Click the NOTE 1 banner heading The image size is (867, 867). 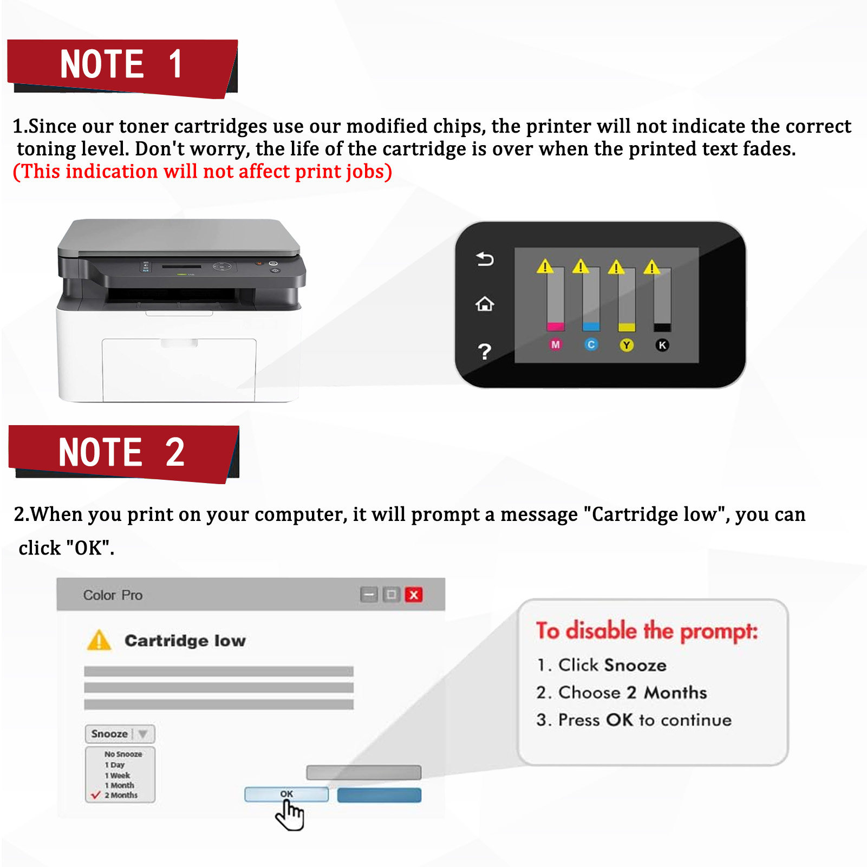(x=122, y=65)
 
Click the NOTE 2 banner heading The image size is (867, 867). (x=122, y=453)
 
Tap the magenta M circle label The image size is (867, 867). (x=555, y=344)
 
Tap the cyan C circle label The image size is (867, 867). (x=591, y=344)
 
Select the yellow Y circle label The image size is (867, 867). (x=627, y=345)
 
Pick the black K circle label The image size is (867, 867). (x=662, y=345)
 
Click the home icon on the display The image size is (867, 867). (x=485, y=304)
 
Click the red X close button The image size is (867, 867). (x=414, y=595)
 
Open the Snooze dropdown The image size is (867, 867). (x=120, y=734)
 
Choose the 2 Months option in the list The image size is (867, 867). (x=121, y=795)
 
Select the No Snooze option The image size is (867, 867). (x=123, y=754)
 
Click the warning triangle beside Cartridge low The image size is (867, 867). (x=99, y=641)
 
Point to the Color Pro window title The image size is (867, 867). (x=113, y=595)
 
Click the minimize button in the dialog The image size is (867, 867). (x=369, y=595)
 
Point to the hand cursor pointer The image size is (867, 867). (x=290, y=815)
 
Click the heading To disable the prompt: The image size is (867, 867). (x=647, y=631)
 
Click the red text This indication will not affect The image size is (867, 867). (x=202, y=172)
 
